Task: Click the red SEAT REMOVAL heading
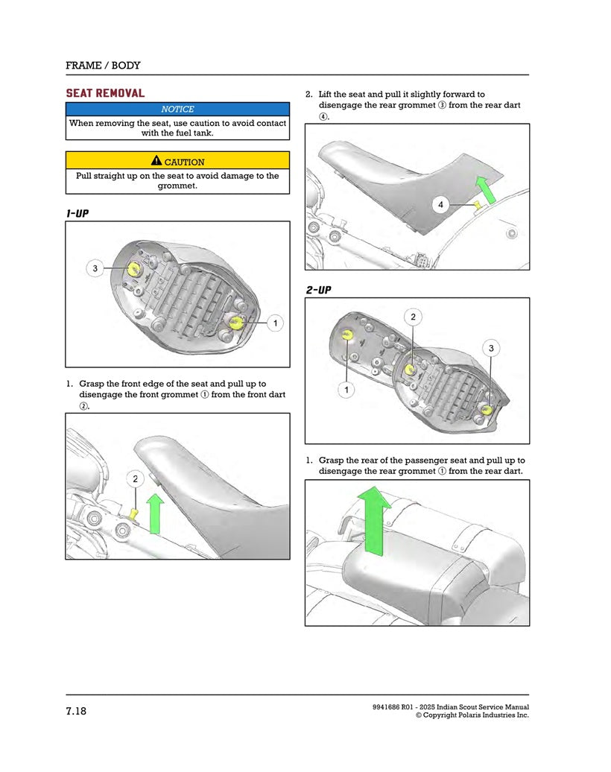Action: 105,93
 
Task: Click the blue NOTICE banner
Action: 177,110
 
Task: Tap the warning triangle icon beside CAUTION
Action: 156,160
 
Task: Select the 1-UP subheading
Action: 77,214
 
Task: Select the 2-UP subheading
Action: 318,289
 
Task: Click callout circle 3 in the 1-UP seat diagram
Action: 95,268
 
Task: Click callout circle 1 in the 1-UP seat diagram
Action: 275,323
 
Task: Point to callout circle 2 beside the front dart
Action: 135,479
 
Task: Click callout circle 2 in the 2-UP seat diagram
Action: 414,317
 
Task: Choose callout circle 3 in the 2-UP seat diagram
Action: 491,348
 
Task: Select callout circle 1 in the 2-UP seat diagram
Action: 346,390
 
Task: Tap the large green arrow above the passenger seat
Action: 376,519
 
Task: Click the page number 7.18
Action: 76,711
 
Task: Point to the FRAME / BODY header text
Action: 103,66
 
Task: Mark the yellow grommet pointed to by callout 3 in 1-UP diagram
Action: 135,269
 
